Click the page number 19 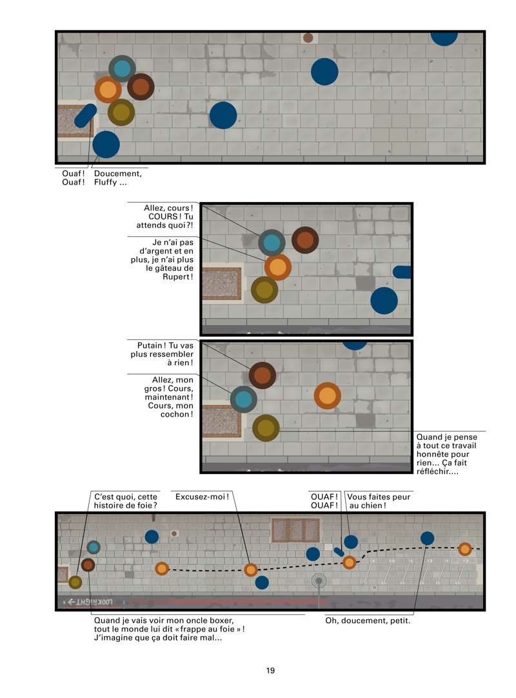point(270,670)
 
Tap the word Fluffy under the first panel point(106,182)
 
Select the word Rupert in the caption point(177,277)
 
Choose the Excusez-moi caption point(202,497)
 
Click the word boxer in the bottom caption point(223,620)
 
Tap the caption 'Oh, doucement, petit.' point(368,621)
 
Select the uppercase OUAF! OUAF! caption point(324,501)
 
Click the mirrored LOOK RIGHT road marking point(90,603)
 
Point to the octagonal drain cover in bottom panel point(319,581)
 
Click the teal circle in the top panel point(122,68)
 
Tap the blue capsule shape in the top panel point(85,115)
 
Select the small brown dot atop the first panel point(308,38)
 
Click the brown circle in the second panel point(305,240)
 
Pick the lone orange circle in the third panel point(327,395)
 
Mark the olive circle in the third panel point(266,428)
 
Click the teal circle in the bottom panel point(94,547)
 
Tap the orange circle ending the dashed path point(465,550)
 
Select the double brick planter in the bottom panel point(295,530)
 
